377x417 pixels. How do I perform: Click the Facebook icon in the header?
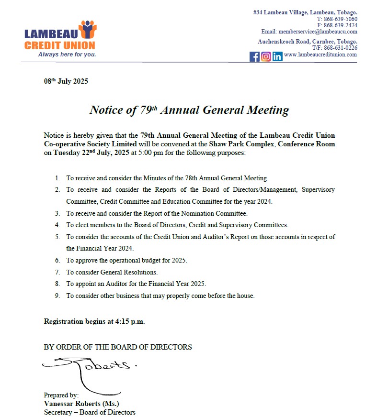pos(254,56)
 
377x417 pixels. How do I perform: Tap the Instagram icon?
pos(266,56)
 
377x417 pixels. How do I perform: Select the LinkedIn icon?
pos(277,56)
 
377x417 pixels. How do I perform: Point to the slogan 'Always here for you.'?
pos(67,54)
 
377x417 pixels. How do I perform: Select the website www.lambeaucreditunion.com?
pos(320,55)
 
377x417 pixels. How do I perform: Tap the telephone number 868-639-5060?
pos(341,19)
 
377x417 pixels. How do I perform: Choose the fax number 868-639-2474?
pos(341,25)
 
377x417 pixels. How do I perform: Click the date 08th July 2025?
pos(66,81)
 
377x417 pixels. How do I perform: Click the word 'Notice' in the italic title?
pos(106,110)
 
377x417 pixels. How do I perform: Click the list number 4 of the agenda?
pos(57,225)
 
